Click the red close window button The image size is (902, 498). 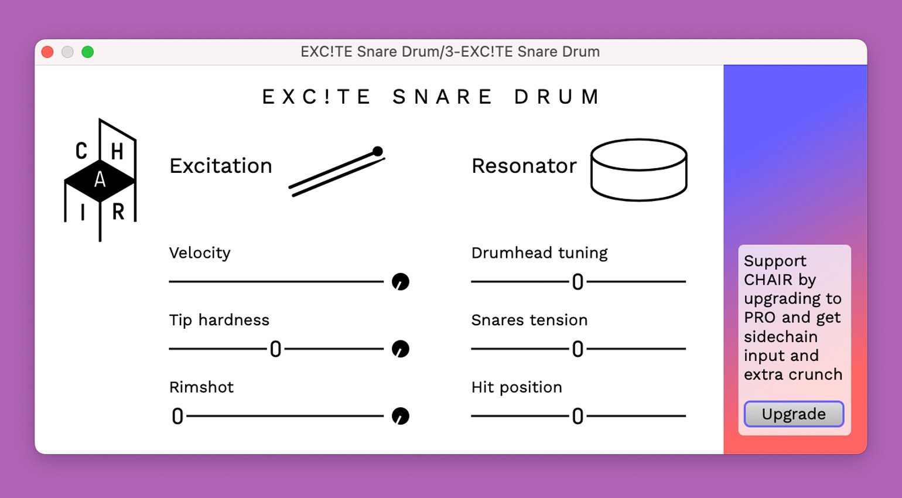[47, 52]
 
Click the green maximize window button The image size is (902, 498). [88, 52]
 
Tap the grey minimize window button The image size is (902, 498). [68, 52]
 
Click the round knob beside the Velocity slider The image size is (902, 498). [400, 282]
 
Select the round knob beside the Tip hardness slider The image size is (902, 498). [400, 349]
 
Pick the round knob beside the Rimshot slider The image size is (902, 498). [400, 416]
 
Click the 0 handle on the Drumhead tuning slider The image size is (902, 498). [578, 282]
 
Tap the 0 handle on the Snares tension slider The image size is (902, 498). [578, 349]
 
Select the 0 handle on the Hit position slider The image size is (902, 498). [578, 416]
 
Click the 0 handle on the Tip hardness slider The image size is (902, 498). [275, 349]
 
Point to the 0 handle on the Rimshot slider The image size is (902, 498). [177, 416]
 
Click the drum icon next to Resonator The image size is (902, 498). [638, 170]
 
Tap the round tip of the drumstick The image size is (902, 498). [378, 151]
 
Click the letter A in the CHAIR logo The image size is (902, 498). [100, 179]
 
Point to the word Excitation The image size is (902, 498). [221, 166]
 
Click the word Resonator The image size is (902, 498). [524, 166]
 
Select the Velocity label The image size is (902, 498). [200, 253]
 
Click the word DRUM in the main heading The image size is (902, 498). [557, 97]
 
